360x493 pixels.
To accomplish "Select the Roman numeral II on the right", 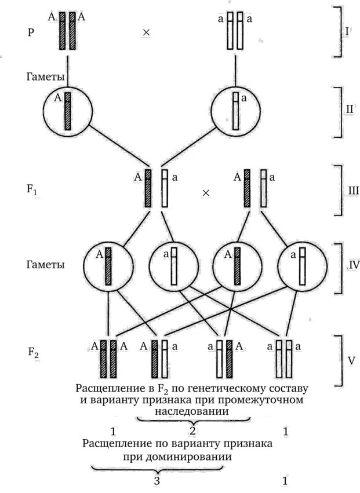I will pyautogui.click(x=346, y=107).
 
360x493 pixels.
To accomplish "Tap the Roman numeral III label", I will pyautogui.click(x=347, y=190).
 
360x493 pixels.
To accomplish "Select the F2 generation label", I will pyautogui.click(x=33, y=352).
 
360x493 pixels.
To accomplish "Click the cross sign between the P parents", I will pyautogui.click(x=146, y=33).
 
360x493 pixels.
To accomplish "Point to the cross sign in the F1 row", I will pyautogui.click(x=205, y=192).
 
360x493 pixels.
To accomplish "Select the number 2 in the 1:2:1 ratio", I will pyautogui.click(x=192, y=431).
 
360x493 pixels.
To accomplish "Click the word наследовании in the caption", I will pyautogui.click(x=191, y=411).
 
